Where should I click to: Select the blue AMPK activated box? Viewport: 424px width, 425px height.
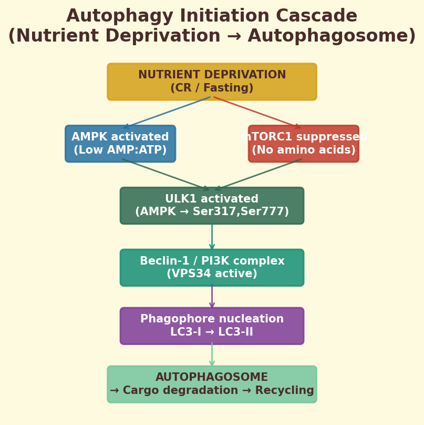pos(120,144)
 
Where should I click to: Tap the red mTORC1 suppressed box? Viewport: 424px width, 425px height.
pos(304,144)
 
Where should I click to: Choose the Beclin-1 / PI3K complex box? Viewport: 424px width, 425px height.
pos(212,268)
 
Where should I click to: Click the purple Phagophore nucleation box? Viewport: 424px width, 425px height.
pos(212,326)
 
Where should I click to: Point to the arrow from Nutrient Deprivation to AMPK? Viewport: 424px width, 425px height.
pos(167,112)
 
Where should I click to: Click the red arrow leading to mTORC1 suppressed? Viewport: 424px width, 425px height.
pos(257,112)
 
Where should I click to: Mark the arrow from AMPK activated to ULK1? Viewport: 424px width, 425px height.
pos(166,174)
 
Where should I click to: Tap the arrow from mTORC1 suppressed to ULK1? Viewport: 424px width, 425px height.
pos(258,174)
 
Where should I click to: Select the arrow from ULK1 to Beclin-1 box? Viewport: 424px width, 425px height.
pos(212,237)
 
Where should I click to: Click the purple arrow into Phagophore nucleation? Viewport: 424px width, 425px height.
pos(212,297)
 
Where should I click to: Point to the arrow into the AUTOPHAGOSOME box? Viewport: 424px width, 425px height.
pos(212,355)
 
